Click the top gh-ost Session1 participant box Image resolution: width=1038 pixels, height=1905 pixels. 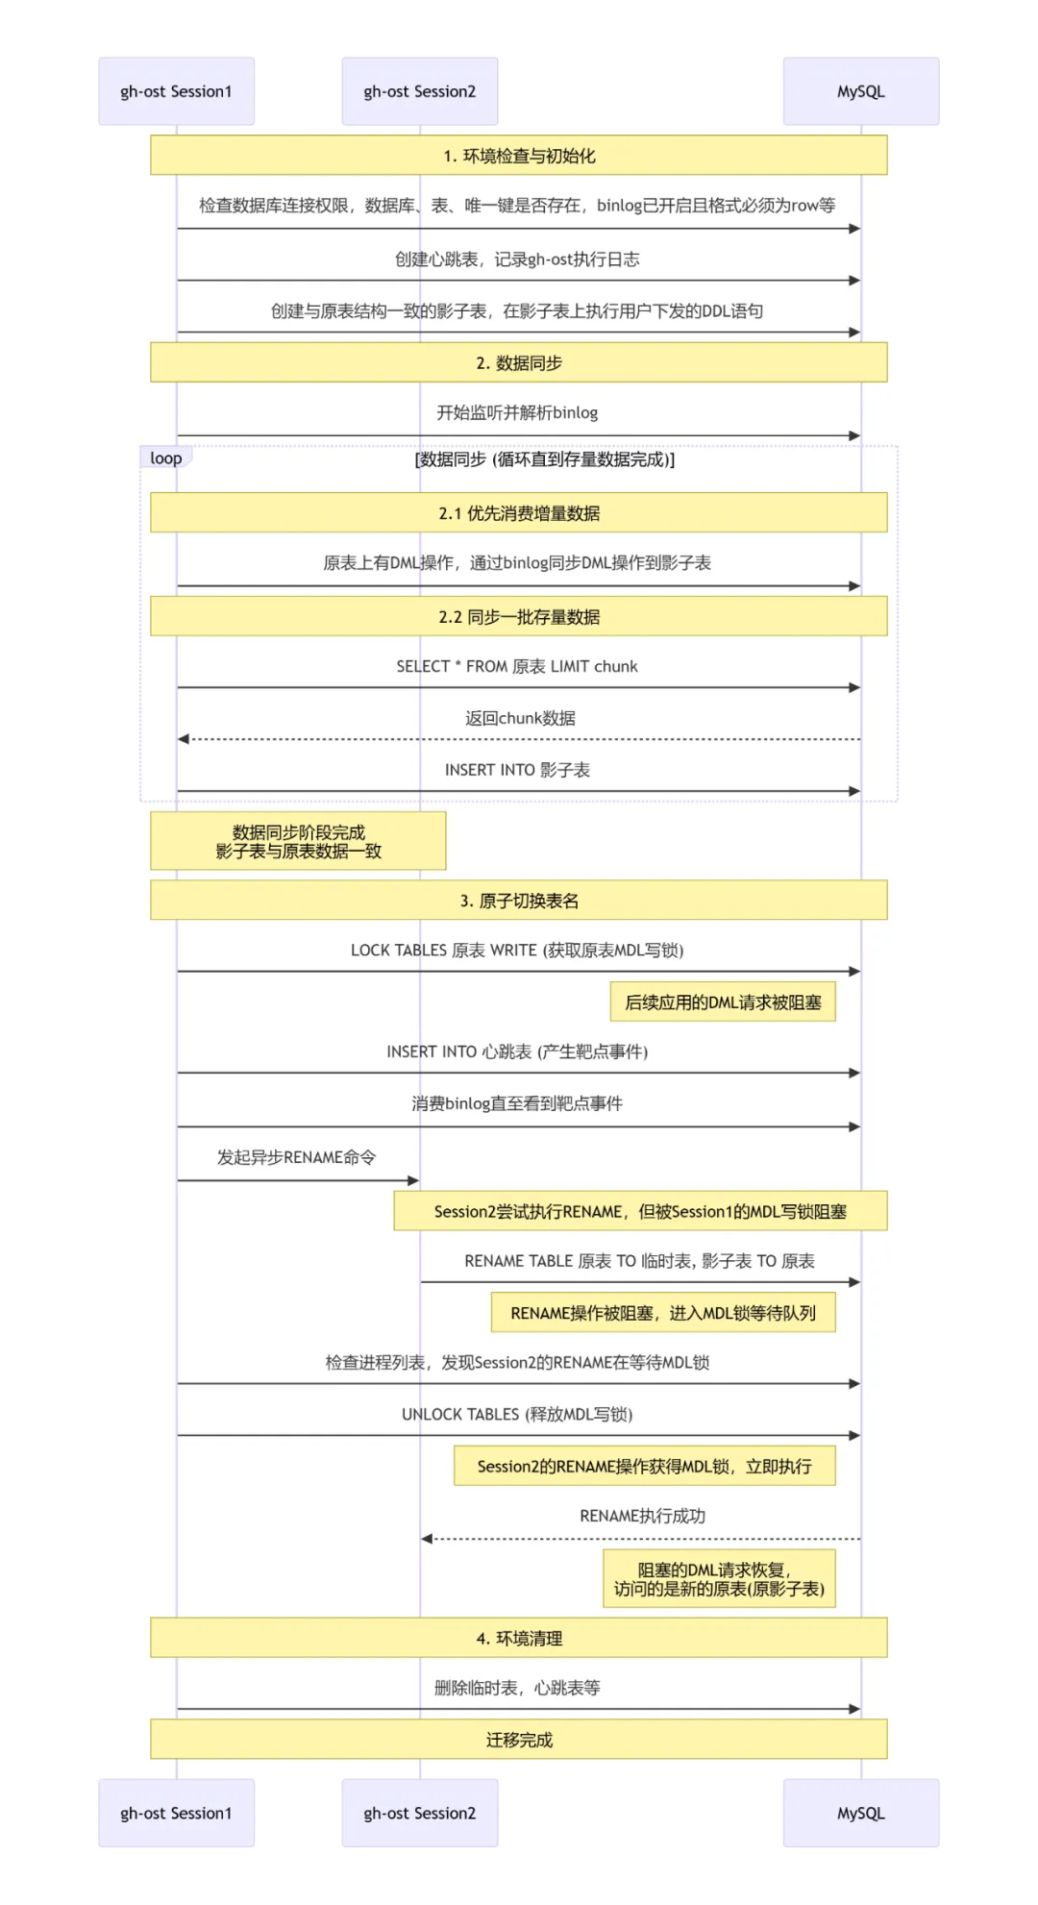[176, 91]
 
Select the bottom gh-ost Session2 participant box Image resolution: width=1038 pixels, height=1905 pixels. [420, 1813]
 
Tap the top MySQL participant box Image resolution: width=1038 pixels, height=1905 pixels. [860, 91]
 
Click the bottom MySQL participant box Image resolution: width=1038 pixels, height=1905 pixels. [860, 1813]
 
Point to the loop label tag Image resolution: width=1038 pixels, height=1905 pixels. [165, 458]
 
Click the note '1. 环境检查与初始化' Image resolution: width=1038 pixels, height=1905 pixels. [519, 156]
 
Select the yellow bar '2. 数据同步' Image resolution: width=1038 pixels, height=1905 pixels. [519, 362]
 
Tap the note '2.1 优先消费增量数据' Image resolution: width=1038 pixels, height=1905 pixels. [519, 513]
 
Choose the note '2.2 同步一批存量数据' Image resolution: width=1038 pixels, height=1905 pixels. [519, 617]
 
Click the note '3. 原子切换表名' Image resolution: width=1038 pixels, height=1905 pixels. [519, 901]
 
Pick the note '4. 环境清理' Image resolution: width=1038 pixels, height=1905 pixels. [519, 1638]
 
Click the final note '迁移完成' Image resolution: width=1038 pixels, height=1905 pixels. [519, 1740]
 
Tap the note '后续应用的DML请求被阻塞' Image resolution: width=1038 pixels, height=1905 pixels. [723, 1002]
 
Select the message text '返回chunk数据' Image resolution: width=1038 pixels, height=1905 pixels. [520, 718]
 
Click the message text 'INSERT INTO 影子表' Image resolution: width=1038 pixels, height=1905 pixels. [517, 770]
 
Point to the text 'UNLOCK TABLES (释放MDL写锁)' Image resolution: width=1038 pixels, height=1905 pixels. [517, 1414]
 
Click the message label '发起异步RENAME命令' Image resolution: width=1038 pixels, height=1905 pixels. [296, 1157]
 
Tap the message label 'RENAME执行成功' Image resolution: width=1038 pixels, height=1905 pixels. [642, 1516]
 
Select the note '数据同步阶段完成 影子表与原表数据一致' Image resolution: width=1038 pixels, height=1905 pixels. [298, 841]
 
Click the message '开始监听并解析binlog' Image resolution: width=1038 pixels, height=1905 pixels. [517, 412]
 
